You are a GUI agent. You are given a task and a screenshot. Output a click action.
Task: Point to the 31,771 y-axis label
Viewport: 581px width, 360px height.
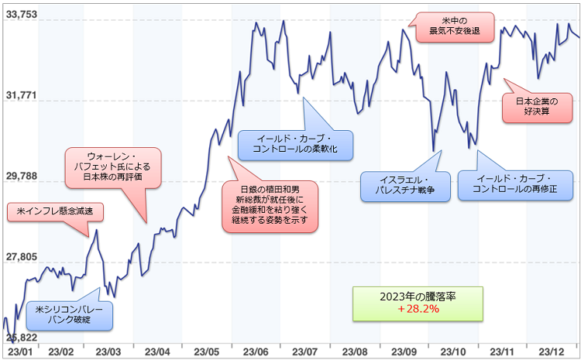tap(21, 95)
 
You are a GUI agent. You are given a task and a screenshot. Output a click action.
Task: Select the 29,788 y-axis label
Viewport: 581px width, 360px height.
tap(21, 177)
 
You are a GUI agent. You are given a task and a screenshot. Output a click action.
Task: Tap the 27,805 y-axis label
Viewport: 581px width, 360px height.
tap(21, 256)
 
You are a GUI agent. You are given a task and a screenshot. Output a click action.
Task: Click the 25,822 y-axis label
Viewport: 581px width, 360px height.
tap(21, 338)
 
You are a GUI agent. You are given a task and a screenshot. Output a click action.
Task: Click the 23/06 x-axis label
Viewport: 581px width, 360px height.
tap(255, 352)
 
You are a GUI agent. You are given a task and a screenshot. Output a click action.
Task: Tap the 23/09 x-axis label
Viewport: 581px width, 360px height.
tap(403, 352)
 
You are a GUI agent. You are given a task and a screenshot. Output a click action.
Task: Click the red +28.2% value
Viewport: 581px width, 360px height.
tap(418, 309)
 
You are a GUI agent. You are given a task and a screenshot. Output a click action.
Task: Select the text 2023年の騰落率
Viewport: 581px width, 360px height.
tap(418, 297)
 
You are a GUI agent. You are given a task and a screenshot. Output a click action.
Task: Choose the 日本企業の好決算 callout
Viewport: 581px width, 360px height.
tap(536, 106)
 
